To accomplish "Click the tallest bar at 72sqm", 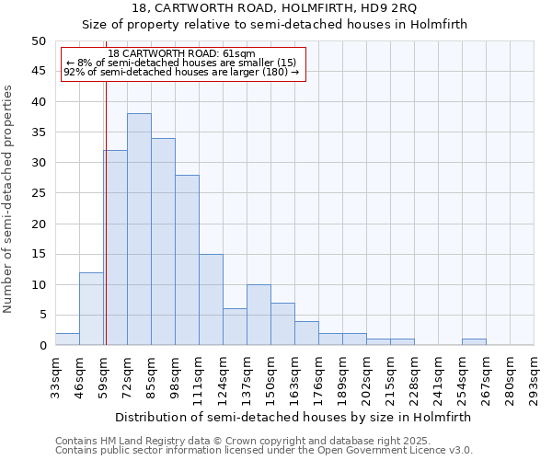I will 139,229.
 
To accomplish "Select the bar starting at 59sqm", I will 115,247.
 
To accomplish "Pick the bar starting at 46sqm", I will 91,308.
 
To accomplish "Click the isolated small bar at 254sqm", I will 474,342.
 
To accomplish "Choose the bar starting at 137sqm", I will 259,315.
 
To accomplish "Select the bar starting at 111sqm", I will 211,299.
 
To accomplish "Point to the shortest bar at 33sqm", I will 67,339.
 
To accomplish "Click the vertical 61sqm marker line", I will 106,184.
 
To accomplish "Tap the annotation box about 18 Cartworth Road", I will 181,63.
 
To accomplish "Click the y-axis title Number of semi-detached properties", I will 9,199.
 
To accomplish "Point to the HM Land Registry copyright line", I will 263,441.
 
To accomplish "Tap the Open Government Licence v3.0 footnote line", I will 263,451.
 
